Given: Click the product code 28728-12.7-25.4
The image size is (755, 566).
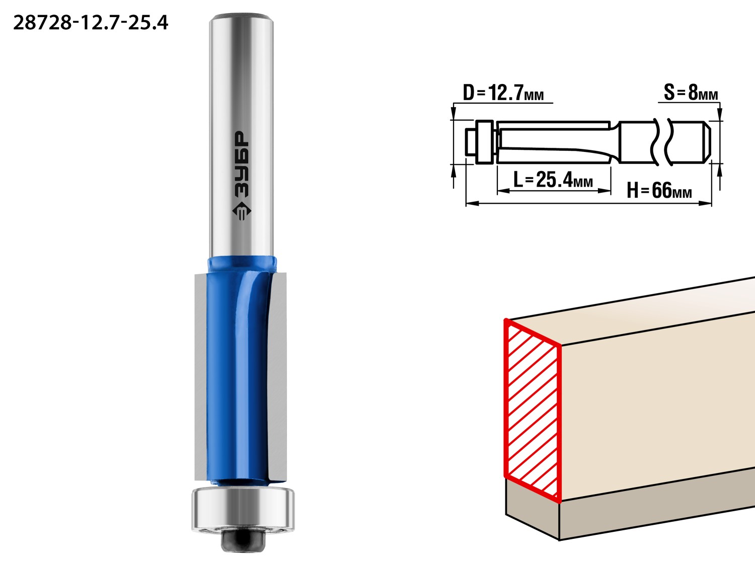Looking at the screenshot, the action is coord(91,23).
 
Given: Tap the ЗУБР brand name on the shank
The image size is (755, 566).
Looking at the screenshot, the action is coord(242,165).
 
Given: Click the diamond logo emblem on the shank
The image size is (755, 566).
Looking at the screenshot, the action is coord(242,210).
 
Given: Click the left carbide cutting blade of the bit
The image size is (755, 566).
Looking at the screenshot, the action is coord(200,377).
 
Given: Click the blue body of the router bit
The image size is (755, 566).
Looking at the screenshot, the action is coord(238,371).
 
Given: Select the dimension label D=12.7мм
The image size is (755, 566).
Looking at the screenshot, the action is coord(503,93).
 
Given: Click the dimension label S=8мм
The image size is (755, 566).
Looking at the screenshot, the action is coord(691,93).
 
